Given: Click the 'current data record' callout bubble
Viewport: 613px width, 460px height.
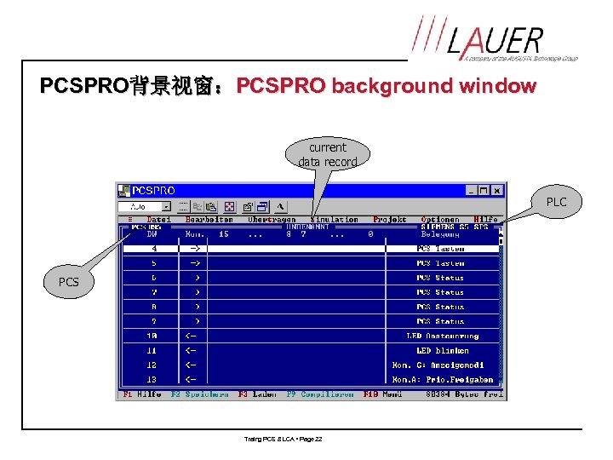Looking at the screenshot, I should click(328, 154).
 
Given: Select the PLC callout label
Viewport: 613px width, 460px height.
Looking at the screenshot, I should click(556, 202).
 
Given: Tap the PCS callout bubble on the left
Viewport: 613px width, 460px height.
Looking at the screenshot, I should click(68, 282).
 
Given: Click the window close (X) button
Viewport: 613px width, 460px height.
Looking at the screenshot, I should click(497, 191).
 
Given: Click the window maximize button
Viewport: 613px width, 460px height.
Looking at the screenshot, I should click(484, 191).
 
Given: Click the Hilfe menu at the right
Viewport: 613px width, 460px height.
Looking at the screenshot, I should click(485, 220).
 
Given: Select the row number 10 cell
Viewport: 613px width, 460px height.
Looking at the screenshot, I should click(152, 336).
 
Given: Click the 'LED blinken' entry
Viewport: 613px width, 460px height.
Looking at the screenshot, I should click(440, 350).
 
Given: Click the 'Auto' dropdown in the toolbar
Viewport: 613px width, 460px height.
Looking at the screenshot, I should click(144, 206).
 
